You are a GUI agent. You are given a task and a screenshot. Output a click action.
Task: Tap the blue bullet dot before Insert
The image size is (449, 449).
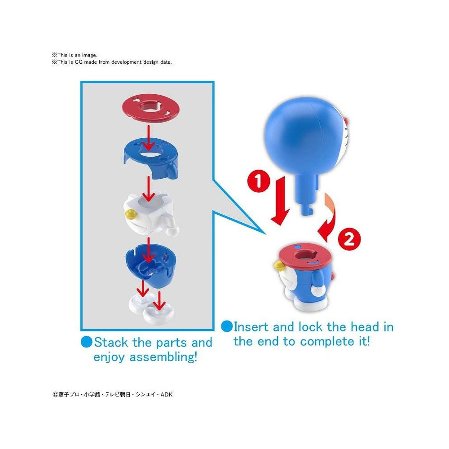pyautogui.click(x=227, y=326)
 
